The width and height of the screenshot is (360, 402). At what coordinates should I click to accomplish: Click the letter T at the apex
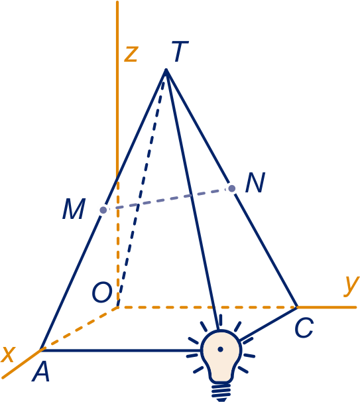click(180, 52)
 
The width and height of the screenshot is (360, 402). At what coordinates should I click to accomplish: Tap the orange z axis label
click(131, 54)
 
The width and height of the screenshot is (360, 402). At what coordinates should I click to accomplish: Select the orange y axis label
click(351, 287)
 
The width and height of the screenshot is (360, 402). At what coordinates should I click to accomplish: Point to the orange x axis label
click(9, 355)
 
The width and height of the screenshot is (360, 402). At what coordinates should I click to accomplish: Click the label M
click(74, 209)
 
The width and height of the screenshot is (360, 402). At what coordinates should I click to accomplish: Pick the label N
click(255, 182)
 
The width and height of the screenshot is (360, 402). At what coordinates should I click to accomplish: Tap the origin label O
click(102, 292)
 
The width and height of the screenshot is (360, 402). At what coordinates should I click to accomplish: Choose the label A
click(40, 371)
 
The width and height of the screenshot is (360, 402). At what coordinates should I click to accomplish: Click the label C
click(304, 328)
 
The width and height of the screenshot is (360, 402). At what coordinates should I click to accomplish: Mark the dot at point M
click(103, 210)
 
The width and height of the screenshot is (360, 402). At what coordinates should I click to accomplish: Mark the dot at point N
click(232, 188)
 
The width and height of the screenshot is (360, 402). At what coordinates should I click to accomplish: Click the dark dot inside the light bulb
click(220, 349)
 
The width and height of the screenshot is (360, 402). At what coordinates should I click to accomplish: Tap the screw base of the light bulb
click(221, 392)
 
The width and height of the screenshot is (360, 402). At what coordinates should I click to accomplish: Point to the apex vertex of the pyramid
click(166, 70)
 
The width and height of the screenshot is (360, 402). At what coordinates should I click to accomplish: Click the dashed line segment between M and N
click(168, 200)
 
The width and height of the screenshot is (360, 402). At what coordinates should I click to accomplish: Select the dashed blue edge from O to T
click(142, 188)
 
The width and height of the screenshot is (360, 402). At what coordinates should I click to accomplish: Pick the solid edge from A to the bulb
click(121, 350)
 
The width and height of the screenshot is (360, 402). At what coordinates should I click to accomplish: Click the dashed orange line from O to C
click(207, 307)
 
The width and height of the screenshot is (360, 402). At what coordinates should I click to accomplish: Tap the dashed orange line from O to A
click(80, 328)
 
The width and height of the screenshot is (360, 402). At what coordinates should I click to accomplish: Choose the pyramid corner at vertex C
click(297, 307)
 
